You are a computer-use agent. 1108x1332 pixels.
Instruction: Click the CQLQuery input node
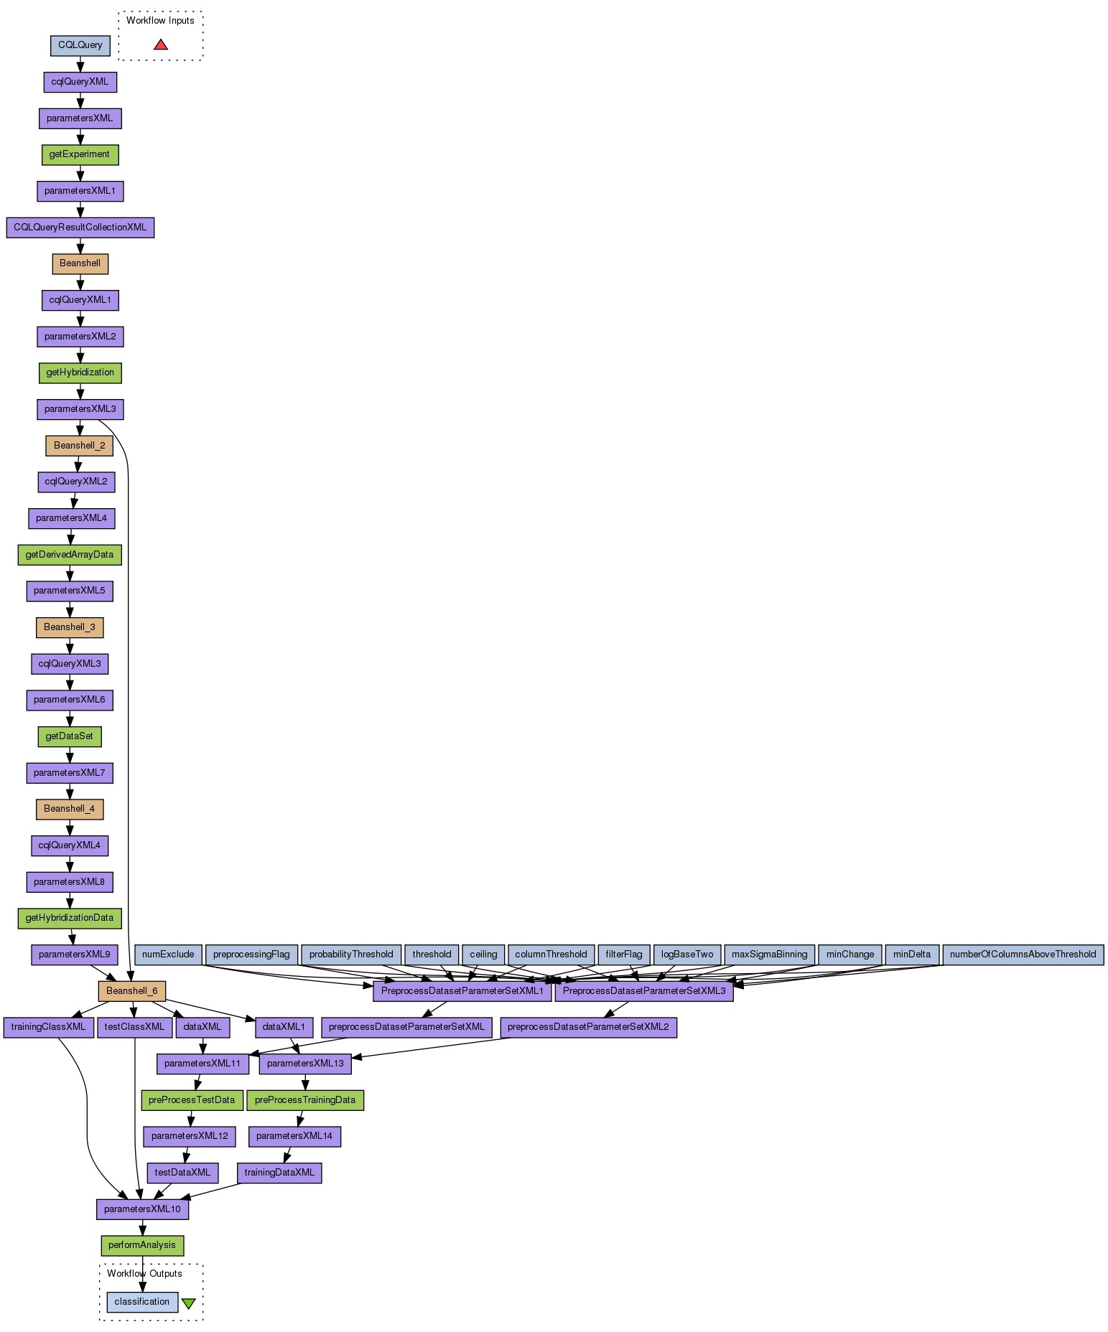coord(80,45)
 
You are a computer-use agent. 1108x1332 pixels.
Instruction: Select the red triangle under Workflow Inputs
coord(161,44)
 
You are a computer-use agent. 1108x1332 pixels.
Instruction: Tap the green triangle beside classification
coord(188,1303)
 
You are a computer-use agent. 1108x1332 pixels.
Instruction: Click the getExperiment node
coord(80,154)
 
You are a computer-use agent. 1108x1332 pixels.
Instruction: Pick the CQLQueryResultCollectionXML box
coord(80,228)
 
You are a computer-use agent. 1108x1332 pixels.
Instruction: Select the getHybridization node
coord(80,372)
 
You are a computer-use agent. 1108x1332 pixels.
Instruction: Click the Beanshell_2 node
coord(79,446)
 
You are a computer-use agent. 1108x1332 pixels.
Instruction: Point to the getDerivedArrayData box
coord(70,555)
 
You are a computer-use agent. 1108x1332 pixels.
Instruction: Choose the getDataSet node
coord(70,736)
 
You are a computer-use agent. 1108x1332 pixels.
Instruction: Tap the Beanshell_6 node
coord(131,991)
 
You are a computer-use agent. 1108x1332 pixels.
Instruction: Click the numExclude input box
coord(168,955)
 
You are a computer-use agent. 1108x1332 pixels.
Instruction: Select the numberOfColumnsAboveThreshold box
coord(1023,955)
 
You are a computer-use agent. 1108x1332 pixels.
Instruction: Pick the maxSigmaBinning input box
coord(769,955)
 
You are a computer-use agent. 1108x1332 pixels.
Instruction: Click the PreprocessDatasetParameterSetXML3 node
coord(644,991)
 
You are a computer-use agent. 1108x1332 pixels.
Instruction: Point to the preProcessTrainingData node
coord(305,1100)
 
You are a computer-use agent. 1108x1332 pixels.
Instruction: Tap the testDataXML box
coord(183,1173)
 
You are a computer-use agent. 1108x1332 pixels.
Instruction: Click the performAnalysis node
coord(142,1245)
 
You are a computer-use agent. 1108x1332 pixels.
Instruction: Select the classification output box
coord(142,1302)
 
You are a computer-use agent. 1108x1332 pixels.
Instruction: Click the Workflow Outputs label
coord(144,1274)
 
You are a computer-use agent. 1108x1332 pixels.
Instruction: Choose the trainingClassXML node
coord(48,1027)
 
